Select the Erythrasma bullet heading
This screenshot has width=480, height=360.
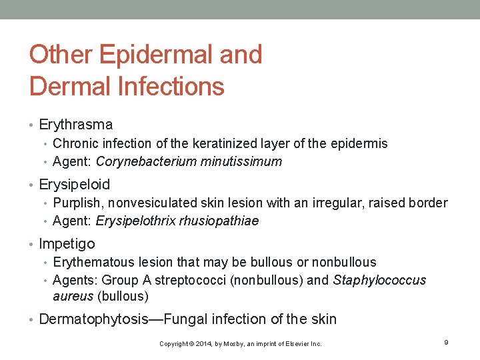[76, 125]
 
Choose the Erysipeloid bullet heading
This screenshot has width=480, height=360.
[75, 184]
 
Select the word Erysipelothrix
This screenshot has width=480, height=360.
[136, 221]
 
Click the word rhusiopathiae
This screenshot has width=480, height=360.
[219, 221]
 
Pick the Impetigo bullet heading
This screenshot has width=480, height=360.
[67, 244]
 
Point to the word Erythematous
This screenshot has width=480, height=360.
[91, 263]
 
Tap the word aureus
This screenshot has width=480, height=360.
[73, 296]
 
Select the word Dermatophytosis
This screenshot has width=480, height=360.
[93, 319]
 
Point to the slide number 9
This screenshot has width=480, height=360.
[445, 342]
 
